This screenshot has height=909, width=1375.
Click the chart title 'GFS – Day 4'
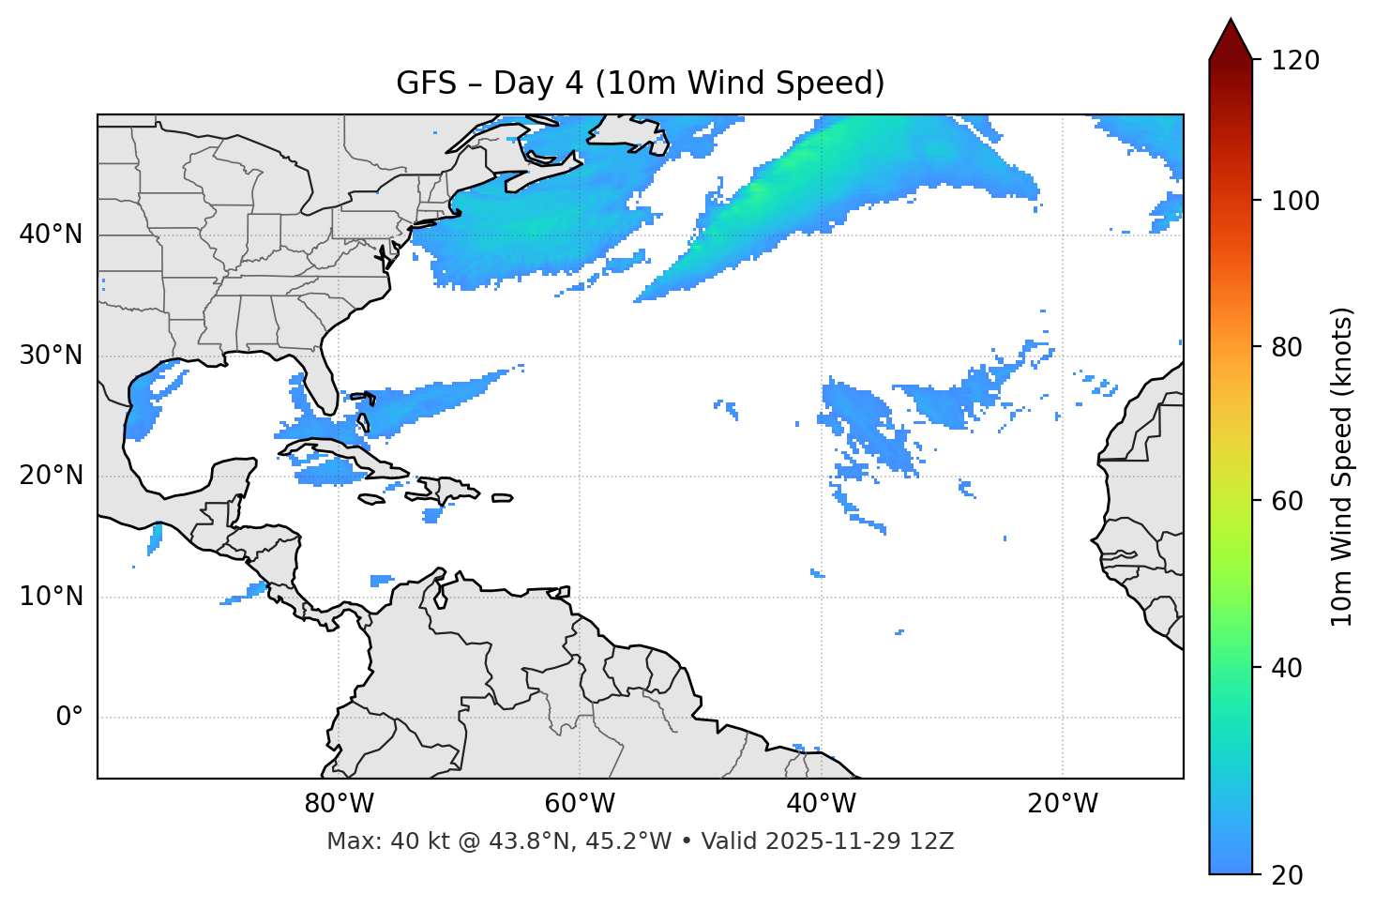click(640, 83)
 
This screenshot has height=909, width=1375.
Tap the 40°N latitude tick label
click(51, 235)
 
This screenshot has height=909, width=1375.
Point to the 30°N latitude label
click(51, 356)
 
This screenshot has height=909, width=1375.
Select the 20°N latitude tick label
click(51, 476)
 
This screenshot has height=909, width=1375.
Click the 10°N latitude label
click(51, 597)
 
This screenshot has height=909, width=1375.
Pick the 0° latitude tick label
click(69, 718)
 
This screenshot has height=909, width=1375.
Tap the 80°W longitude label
click(339, 804)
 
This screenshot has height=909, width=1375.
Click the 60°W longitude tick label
click(580, 804)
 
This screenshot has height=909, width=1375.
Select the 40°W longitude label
click(821, 804)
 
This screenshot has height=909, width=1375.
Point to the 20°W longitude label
click(1062, 804)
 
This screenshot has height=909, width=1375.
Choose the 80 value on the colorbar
click(1292, 347)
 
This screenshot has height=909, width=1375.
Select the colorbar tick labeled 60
click(1292, 501)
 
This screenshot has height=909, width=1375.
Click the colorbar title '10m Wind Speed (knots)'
click(1342, 466)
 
